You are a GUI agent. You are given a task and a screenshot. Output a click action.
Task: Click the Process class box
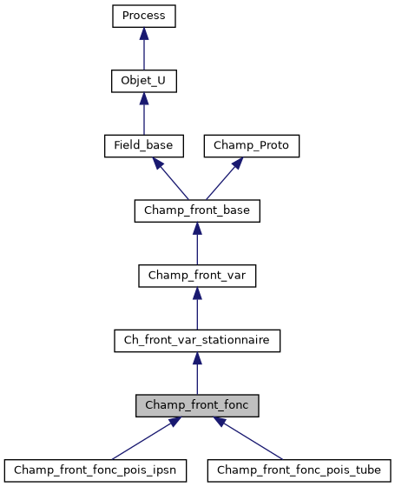pos(144,16)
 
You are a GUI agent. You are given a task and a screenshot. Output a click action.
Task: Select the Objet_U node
pos(144,81)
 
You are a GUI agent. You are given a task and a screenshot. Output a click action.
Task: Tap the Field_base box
pos(144,145)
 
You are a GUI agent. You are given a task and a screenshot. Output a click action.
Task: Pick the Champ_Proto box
pos(251,145)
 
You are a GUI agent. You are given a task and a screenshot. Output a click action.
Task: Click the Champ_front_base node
pos(197,210)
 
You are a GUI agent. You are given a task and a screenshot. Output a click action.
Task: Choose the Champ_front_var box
pos(197,275)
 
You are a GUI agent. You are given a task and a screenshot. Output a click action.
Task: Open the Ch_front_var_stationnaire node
pos(197,340)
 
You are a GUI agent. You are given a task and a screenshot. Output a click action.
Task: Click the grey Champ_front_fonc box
pos(197,405)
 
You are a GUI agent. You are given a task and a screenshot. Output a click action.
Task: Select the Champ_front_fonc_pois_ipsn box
pos(95,470)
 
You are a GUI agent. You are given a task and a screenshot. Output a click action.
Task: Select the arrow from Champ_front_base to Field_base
pos(171,178)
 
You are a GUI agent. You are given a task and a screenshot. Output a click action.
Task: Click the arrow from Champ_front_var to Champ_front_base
pos(197,244)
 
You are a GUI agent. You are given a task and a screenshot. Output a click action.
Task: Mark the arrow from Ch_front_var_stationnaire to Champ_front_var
pos(197,310)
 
